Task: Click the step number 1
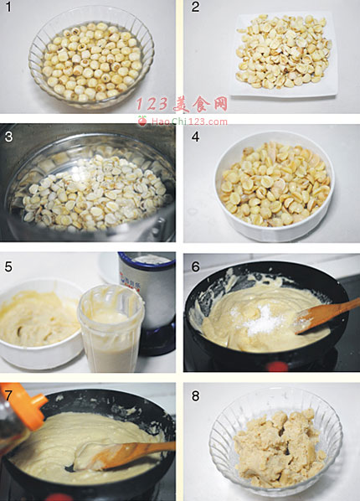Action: [8, 7]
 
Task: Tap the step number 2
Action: [195, 7]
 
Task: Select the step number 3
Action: [8, 137]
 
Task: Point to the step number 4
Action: [195, 137]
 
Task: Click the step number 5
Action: [8, 266]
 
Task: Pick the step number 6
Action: [195, 266]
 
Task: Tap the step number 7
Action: [8, 395]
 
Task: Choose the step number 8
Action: [195, 395]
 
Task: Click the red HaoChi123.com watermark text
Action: [189, 121]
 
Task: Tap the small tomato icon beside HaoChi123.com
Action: [142, 121]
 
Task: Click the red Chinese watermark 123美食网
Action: [182, 104]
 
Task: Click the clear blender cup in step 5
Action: [111, 329]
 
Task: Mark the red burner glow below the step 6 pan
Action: [277, 366]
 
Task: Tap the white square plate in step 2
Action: [284, 54]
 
